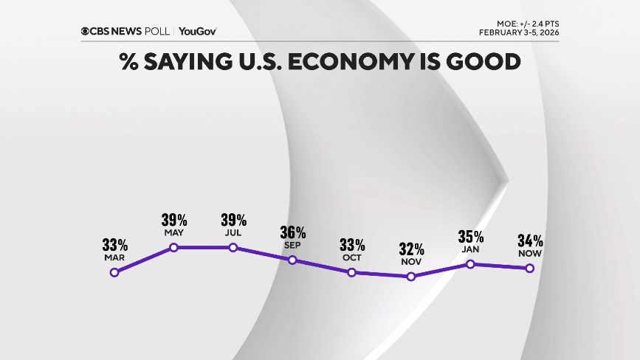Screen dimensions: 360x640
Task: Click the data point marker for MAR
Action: [114, 272]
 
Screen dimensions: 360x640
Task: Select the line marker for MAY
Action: [174, 247]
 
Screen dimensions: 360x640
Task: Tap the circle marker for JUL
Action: [233, 247]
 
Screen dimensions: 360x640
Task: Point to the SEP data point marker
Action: [292, 260]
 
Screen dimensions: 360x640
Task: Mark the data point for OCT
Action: [352, 272]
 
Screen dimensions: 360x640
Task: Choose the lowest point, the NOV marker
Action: [411, 277]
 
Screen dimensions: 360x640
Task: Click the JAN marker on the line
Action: [470, 264]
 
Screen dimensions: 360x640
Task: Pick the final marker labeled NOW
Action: [530, 268]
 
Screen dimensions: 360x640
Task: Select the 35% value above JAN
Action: [470, 236]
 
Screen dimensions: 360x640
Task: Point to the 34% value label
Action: [530, 240]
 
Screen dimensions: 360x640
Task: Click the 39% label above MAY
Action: [174, 219]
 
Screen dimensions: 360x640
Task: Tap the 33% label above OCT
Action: [352, 244]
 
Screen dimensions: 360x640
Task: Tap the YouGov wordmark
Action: [197, 31]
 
